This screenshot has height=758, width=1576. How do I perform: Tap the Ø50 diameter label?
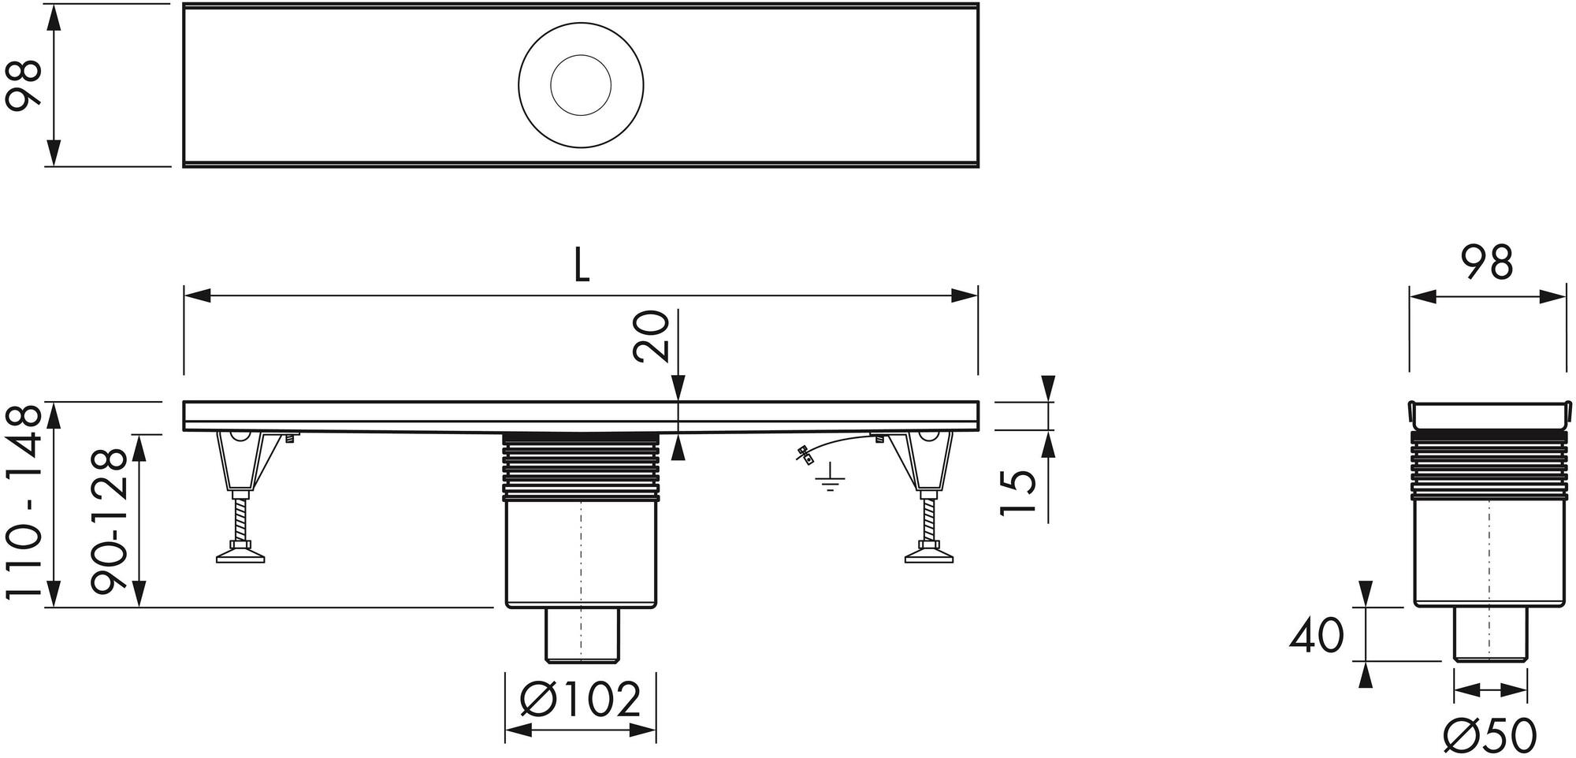pyautogui.click(x=1490, y=736)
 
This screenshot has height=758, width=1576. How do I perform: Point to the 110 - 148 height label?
pyautogui.click(x=23, y=505)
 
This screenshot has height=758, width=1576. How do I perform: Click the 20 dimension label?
pyautogui.click(x=651, y=336)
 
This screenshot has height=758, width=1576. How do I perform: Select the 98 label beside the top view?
pyautogui.click(x=23, y=86)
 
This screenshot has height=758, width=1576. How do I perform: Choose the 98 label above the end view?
pyautogui.click(x=1486, y=263)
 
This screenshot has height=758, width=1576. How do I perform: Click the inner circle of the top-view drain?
pyautogui.click(x=581, y=86)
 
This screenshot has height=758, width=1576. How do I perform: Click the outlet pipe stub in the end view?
pyautogui.click(x=1490, y=635)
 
